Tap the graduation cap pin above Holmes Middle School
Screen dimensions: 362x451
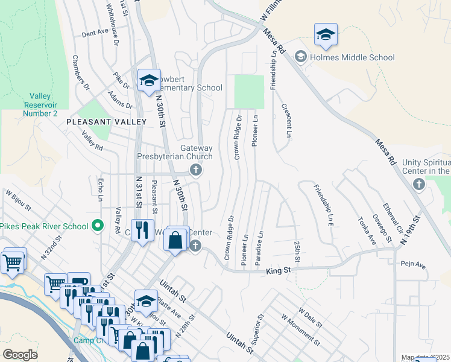coord(326,36)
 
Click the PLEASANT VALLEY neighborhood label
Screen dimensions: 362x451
coord(106,122)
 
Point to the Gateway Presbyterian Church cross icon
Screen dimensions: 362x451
coord(195,171)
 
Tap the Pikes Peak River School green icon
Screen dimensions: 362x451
coord(98,226)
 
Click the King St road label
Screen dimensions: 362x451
coord(278,272)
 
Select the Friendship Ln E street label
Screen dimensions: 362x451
coord(323,205)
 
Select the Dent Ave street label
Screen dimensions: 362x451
coord(94,34)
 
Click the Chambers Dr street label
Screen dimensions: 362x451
coord(81,73)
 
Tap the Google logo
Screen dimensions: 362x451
coord(20,355)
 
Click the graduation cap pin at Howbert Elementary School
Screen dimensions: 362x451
coord(148,80)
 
